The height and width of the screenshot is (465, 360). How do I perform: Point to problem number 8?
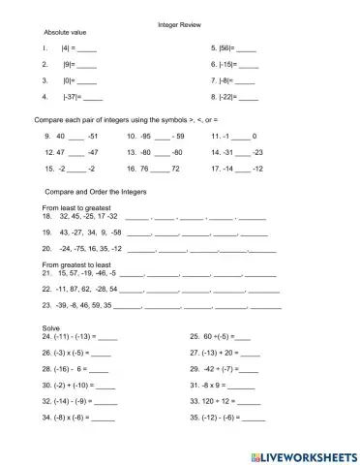point(213,98)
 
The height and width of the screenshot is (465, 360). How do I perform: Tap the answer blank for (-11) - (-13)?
point(107,338)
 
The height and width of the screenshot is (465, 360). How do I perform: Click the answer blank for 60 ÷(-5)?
point(242,338)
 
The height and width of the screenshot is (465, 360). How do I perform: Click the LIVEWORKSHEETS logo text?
point(305,453)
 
